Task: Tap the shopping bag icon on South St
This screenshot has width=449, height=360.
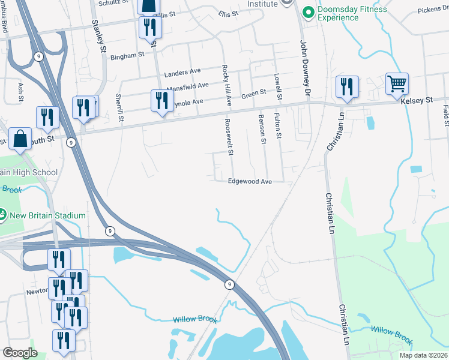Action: point(20,139)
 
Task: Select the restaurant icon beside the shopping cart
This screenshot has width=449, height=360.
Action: point(347,87)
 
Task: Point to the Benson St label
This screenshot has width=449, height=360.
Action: point(262,130)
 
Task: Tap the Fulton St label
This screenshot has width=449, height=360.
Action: point(277,126)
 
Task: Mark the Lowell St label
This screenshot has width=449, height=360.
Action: point(277,87)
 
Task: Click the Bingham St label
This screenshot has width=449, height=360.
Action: point(127,55)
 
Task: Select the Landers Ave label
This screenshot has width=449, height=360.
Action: point(182,72)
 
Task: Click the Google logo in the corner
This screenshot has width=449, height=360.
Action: point(19,352)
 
